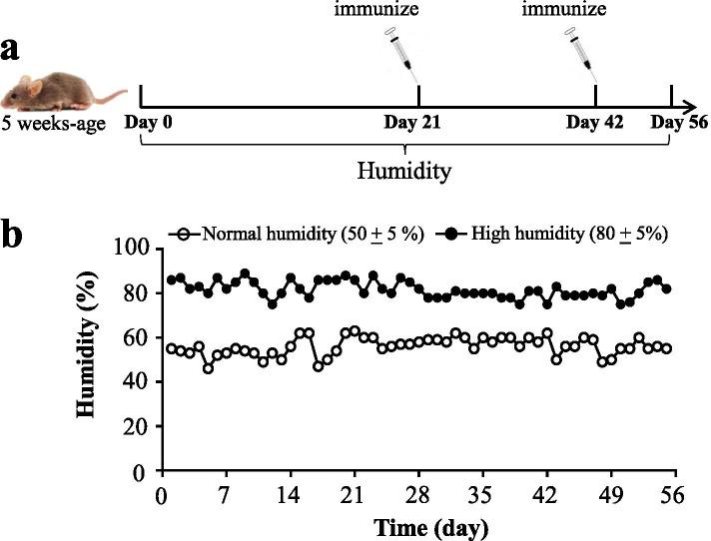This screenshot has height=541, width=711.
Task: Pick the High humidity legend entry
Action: click(x=559, y=234)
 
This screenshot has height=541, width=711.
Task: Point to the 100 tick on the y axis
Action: click(x=135, y=249)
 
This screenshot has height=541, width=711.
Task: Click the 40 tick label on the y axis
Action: click(x=140, y=381)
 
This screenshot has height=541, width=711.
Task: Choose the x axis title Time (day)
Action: click(x=417, y=524)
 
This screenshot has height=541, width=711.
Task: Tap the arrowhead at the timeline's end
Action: click(x=690, y=103)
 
